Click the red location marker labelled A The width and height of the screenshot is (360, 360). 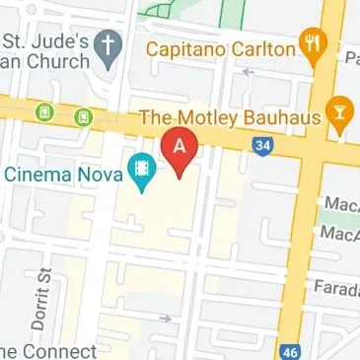tap(180, 150)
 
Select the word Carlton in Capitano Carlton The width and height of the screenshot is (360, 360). tap(264, 49)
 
